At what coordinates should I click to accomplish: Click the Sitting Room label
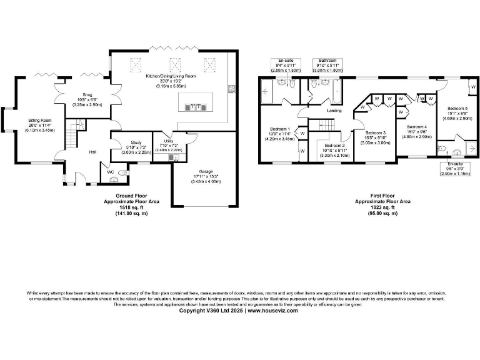[39, 119]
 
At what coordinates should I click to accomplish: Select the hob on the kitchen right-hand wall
[231, 88]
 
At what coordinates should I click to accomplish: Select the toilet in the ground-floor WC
[122, 172]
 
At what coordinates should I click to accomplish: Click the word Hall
[92, 152]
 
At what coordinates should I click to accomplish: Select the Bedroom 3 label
[376, 132]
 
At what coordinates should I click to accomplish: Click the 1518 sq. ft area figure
[131, 208]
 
